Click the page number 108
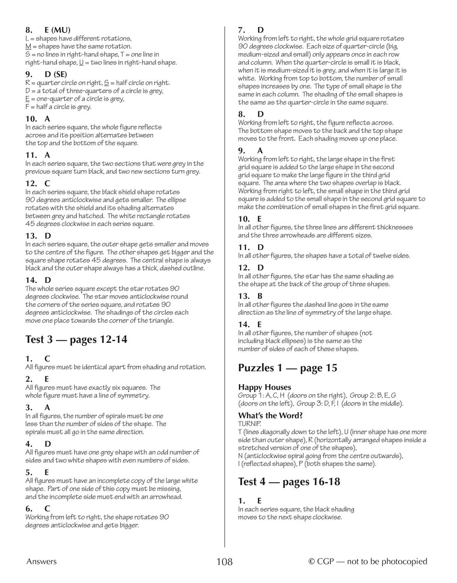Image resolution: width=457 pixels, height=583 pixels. pos(224,562)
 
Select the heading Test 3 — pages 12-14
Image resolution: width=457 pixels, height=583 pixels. pos(76,340)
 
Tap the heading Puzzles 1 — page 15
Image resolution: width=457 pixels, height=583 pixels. pos(287,368)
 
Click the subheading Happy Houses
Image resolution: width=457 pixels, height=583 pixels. pos(265,387)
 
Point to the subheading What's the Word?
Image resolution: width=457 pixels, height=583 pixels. pos(270,415)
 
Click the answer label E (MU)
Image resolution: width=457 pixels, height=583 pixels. pos(57,30)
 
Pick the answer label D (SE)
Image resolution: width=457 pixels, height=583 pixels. pos(56,75)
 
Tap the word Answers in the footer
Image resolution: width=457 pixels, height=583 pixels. pos(41,562)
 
